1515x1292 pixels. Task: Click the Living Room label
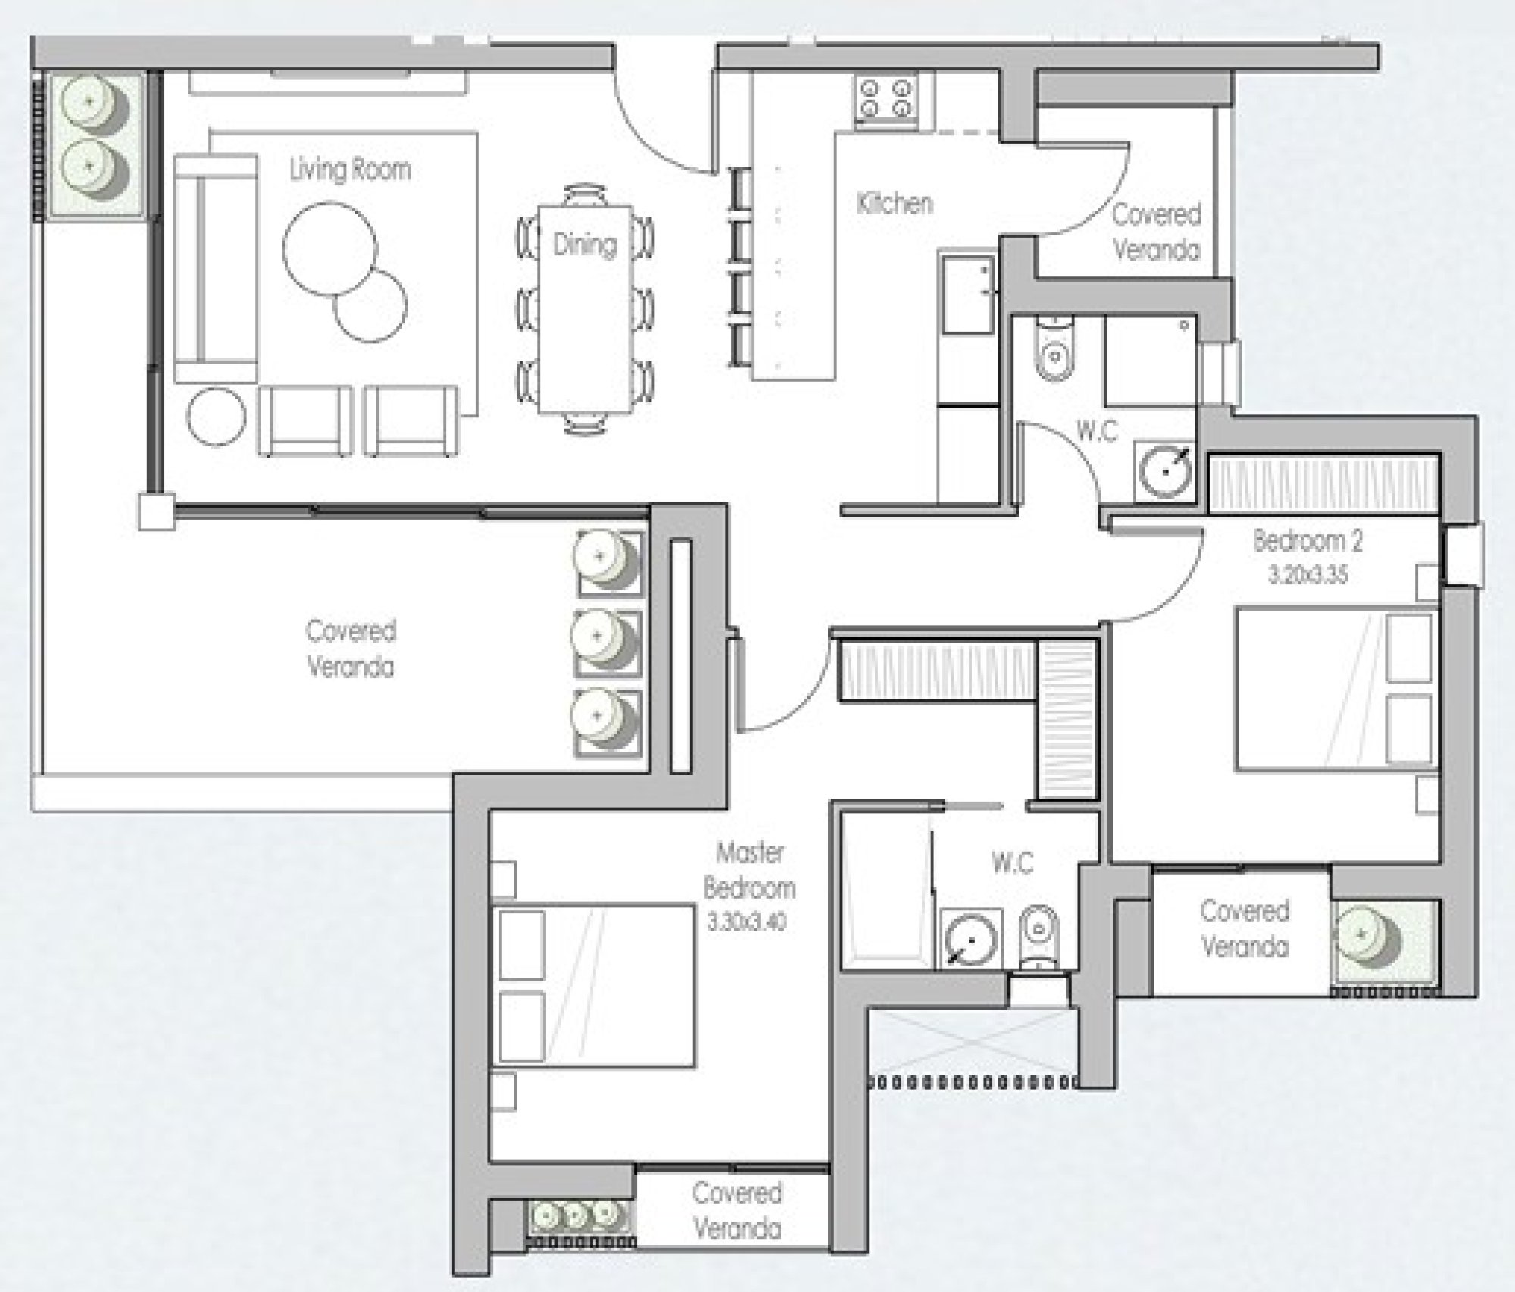(x=350, y=170)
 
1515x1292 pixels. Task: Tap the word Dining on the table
(x=584, y=244)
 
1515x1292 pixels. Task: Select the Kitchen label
(x=895, y=203)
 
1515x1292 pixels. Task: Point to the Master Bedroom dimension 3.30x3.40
(x=747, y=921)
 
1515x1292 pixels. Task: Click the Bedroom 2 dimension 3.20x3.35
(x=1308, y=575)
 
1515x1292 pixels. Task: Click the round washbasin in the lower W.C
(x=971, y=938)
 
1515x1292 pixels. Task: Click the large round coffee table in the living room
(x=329, y=249)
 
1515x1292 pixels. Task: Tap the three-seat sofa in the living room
(x=216, y=268)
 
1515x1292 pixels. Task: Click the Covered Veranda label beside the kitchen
(x=1156, y=232)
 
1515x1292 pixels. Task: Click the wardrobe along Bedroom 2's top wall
(x=1323, y=483)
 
